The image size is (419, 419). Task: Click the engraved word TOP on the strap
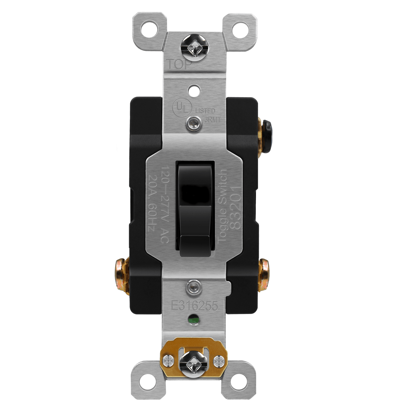180,64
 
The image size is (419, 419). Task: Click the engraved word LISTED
205,111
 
